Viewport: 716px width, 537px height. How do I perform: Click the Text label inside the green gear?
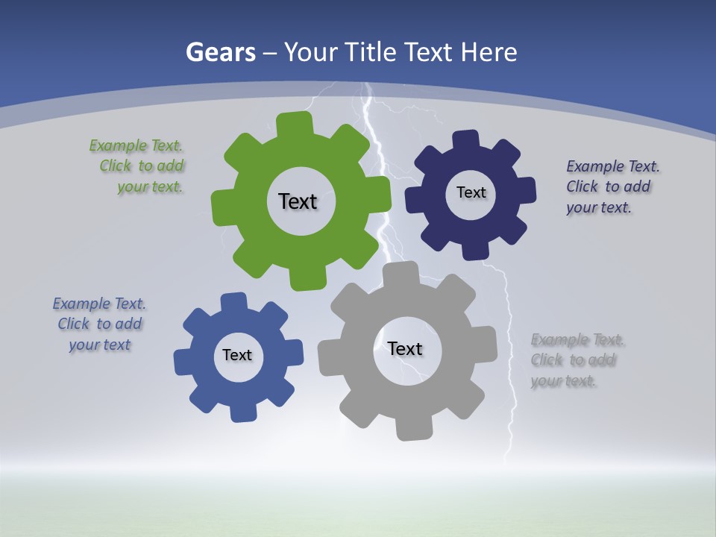coord(298,201)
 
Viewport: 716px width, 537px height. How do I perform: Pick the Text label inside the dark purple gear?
coord(471,192)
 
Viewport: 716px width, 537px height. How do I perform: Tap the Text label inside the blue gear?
coord(237,355)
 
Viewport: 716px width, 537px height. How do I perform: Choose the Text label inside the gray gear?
coord(405,348)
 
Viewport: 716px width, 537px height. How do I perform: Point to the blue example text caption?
coord(99,324)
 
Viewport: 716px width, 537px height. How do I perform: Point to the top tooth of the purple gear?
coord(466,140)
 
